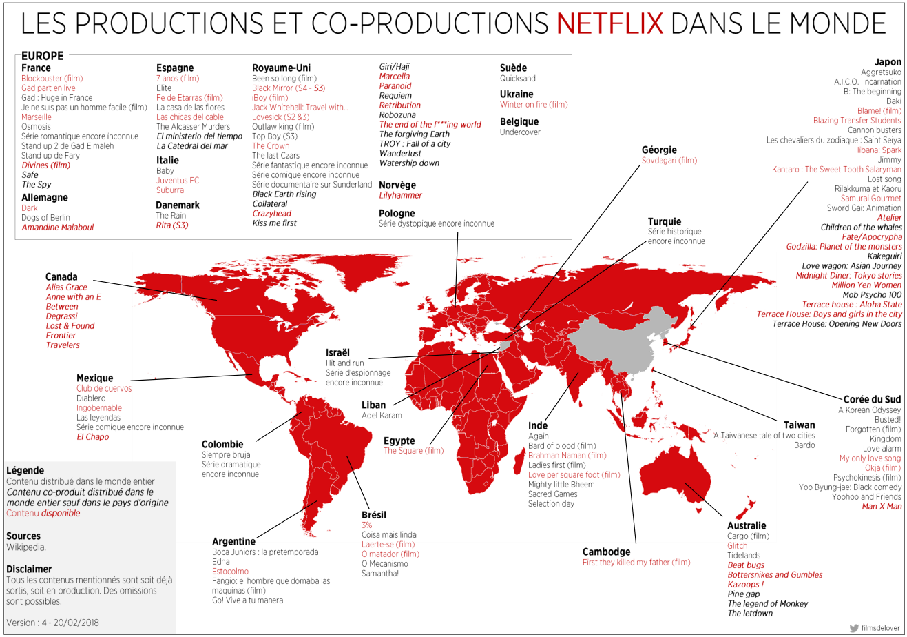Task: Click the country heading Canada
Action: pos(61,276)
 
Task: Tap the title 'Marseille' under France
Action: pos(37,117)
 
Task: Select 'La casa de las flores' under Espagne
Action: pos(190,108)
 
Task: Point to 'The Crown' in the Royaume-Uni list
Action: pos(271,146)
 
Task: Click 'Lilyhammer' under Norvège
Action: pos(400,195)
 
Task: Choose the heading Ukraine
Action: pos(517,94)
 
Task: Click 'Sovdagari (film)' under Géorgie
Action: pos(669,161)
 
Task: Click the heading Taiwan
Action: pos(799,425)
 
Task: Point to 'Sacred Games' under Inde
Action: pos(552,494)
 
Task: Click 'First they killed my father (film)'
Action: pos(636,563)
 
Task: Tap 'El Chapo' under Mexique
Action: pos(92,437)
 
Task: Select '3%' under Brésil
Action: pos(366,525)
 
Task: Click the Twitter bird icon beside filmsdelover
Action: pos(854,628)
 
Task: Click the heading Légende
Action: pos(25,470)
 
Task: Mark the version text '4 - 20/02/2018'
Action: pos(69,623)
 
